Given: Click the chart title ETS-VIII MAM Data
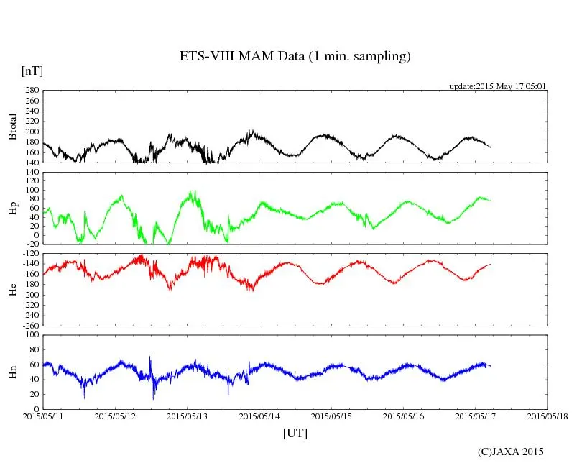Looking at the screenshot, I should [295, 57].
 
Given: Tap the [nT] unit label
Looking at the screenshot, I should [32, 70].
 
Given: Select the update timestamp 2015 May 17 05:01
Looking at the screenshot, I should [498, 86].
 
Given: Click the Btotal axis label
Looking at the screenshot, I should [12, 127].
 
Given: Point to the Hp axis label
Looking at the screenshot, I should [12, 209].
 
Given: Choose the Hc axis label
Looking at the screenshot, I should [12, 290].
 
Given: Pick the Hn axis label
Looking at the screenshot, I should [12, 372].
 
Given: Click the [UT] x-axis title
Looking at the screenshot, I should [295, 433].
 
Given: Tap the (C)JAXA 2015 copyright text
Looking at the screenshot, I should [511, 452].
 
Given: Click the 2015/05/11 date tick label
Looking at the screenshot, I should [43, 416].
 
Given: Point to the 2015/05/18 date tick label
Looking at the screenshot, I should [548, 416].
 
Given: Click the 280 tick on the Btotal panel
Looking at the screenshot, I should [32, 91].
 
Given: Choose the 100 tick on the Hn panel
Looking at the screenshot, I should [32, 335].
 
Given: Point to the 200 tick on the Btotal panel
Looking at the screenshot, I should [32, 132].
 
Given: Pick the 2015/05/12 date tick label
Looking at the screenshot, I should [115, 416].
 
